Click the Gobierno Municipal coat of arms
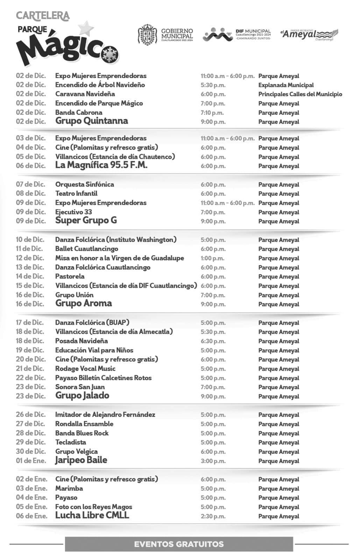147,35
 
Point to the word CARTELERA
43,16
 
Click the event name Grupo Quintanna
92,121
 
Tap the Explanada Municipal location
286,85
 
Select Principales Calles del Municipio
300,94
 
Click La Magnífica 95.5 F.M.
101,165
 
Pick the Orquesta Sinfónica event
85,184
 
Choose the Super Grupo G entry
86,220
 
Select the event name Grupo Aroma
84,303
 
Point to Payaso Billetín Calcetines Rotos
104,378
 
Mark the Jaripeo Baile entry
81,460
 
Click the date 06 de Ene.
31,516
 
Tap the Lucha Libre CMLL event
92,515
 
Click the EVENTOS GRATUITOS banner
179,544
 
